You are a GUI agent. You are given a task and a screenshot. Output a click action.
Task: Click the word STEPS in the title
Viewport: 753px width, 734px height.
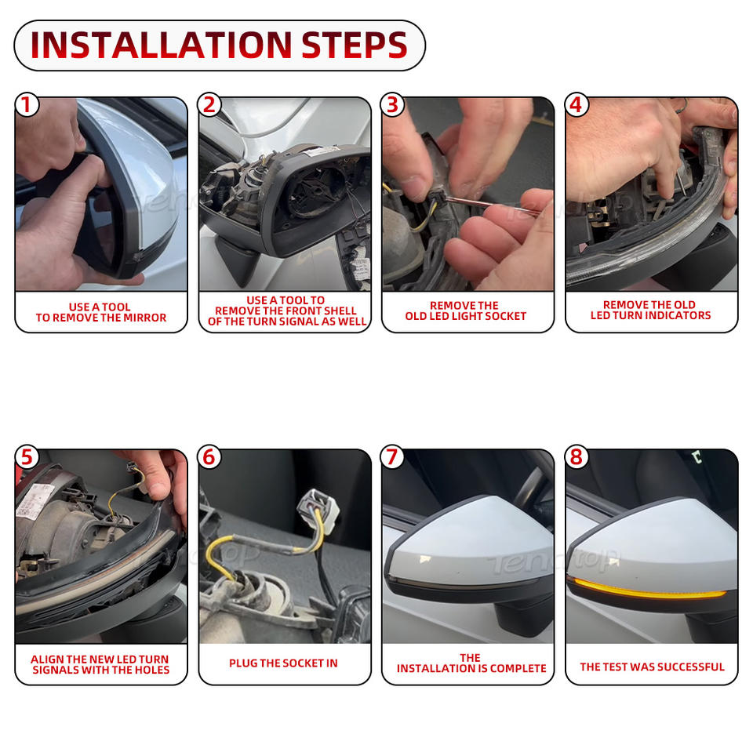click(x=355, y=45)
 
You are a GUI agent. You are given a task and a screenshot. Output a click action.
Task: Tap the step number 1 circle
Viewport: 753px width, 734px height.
click(x=27, y=104)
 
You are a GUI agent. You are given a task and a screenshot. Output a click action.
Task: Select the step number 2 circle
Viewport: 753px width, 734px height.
click(x=209, y=104)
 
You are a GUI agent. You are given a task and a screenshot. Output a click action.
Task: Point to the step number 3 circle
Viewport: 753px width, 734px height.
click(x=393, y=104)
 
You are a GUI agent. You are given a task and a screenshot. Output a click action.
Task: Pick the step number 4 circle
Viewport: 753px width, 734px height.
click(x=577, y=104)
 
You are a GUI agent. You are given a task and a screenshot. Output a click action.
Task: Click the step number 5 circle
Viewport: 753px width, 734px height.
click(x=27, y=456)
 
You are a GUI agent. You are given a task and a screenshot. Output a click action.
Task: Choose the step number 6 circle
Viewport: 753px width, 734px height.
click(x=209, y=456)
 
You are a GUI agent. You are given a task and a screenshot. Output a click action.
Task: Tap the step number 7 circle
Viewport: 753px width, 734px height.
click(x=393, y=456)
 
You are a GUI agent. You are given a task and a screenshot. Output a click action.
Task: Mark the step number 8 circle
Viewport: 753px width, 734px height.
click(x=577, y=456)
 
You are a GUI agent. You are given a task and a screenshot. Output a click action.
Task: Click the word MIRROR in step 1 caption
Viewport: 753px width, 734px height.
click(x=145, y=318)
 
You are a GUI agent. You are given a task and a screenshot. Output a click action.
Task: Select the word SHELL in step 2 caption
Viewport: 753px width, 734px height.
click(x=340, y=311)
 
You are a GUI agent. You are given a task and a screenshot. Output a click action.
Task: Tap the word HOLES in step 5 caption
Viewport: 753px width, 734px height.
click(x=152, y=670)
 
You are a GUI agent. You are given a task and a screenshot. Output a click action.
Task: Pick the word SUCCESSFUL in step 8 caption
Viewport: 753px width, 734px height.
click(x=690, y=667)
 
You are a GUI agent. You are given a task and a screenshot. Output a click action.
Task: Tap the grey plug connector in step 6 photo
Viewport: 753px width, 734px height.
click(x=318, y=510)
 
